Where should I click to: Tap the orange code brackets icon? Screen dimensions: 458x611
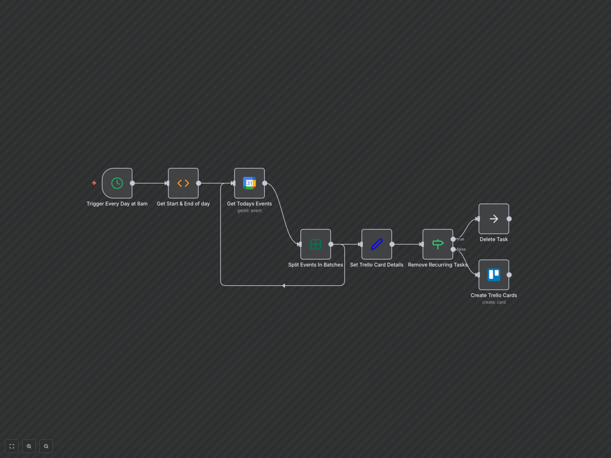coord(183,183)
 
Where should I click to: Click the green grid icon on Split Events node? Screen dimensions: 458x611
coord(315,244)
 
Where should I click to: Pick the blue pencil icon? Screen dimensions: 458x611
coord(376,244)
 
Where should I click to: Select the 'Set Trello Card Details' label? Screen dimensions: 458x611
coord(376,265)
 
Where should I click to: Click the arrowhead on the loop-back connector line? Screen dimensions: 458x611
coord(284,286)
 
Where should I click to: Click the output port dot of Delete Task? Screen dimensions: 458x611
coord(509,219)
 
